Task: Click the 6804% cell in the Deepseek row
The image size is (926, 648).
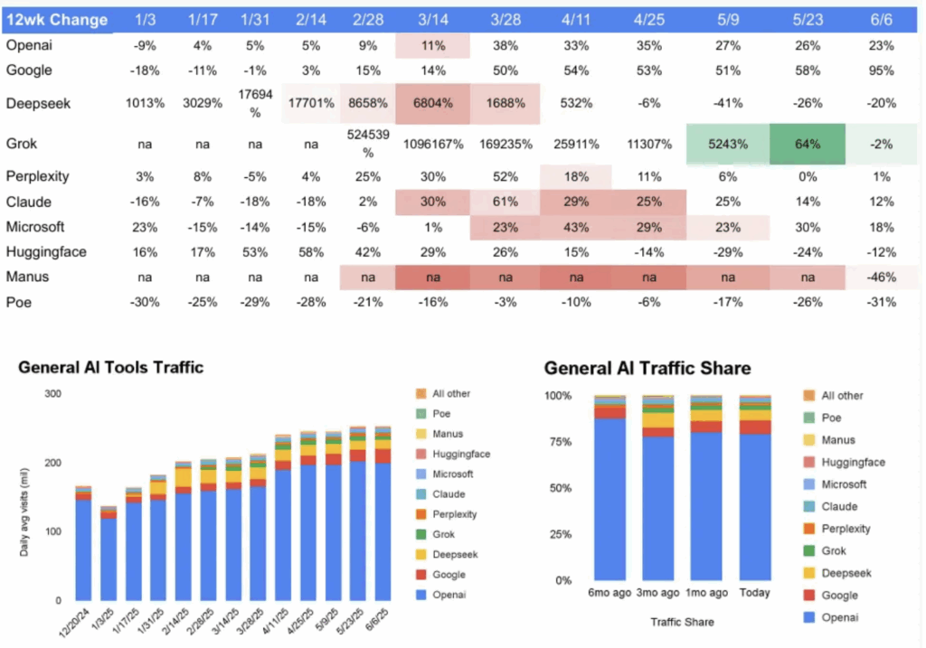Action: pyautogui.click(x=432, y=103)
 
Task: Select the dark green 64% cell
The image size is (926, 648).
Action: pyautogui.click(x=808, y=144)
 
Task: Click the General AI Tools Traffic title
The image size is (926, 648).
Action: pyautogui.click(x=110, y=367)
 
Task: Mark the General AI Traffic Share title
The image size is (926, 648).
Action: pyautogui.click(x=647, y=368)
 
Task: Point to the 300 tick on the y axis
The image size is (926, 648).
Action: pyautogui.click(x=53, y=394)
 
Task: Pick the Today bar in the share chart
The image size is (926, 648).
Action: pyautogui.click(x=755, y=488)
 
